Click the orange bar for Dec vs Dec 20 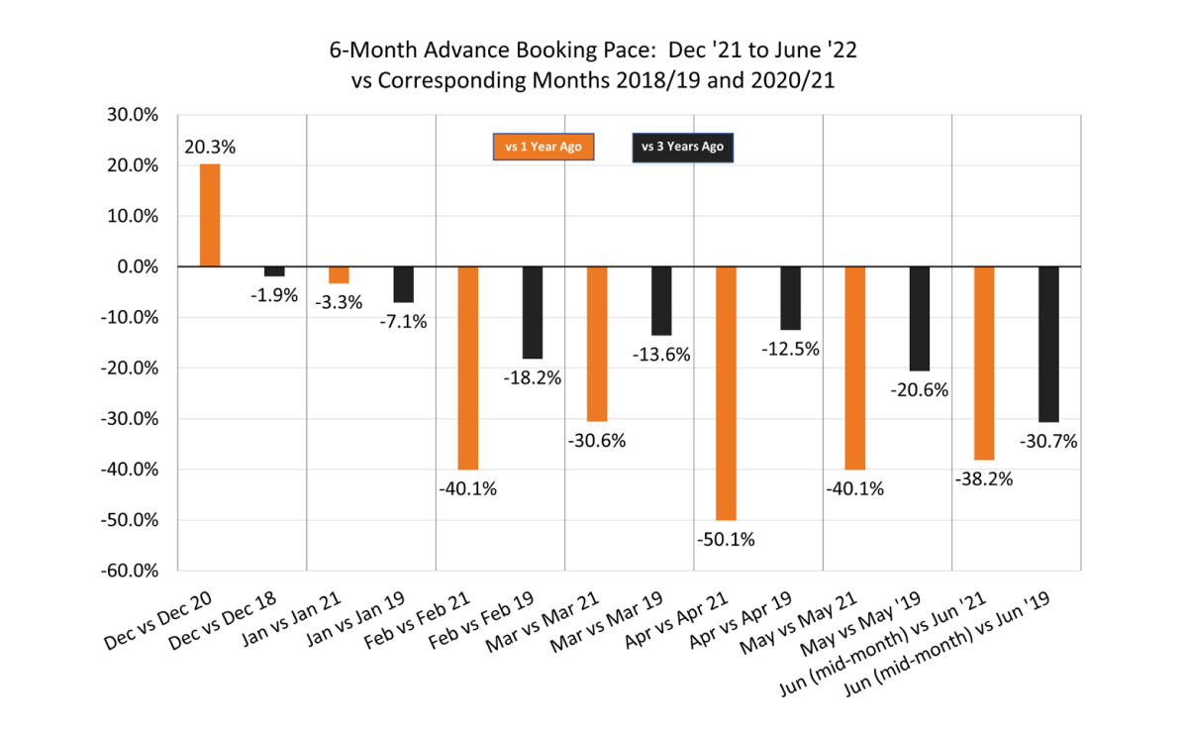pos(210,215)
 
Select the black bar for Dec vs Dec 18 pos(274,271)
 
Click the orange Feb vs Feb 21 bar pos(467,368)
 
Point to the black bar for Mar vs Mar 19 pos(661,301)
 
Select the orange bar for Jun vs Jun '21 pos(983,363)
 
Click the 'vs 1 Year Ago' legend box pos(544,147)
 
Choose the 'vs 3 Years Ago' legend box pos(683,147)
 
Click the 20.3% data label pos(210,147)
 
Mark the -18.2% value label pos(533,376)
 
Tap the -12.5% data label pos(791,348)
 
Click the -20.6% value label pos(920,389)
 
